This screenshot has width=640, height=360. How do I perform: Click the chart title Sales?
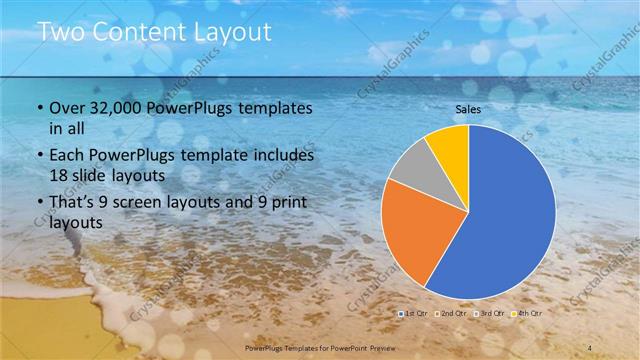(469, 108)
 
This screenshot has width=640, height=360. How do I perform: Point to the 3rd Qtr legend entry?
(492, 315)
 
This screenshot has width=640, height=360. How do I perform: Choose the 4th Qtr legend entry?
(529, 315)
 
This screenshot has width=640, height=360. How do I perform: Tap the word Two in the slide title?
(57, 32)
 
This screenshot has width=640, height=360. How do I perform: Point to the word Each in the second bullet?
(66, 156)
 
